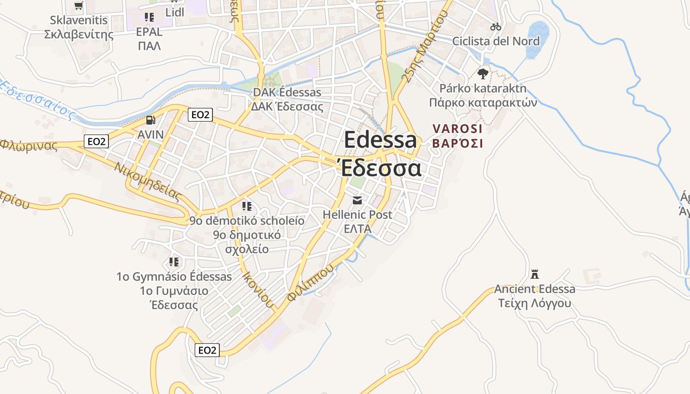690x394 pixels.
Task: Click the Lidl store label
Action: [175, 12]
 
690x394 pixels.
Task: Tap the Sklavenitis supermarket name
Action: [79, 21]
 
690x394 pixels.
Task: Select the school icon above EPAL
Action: [149, 17]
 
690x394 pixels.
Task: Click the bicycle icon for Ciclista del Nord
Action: [496, 27]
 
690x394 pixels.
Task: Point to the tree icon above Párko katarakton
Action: [483, 74]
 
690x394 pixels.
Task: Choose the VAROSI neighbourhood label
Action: [457, 129]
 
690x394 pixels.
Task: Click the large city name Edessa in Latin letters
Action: [380, 140]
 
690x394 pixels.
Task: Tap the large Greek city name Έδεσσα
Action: [380, 168]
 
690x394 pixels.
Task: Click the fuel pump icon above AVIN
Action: [150, 120]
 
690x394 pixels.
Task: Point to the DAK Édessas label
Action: [287, 93]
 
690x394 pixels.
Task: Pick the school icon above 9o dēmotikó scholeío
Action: [247, 206]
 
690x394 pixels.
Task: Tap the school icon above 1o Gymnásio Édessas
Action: [174, 262]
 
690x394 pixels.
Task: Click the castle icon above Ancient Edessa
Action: [535, 274]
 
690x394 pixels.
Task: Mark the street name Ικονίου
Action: [257, 288]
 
